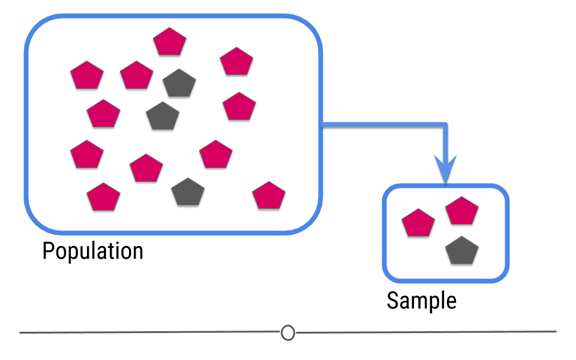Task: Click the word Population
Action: pos(92,251)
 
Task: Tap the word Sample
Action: pos(422,301)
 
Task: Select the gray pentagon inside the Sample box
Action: pos(462,251)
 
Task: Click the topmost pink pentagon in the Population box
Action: pos(170,41)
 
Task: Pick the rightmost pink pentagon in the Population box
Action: pos(269,196)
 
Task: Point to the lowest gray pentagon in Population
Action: pos(188,192)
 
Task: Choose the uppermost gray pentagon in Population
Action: pos(179,83)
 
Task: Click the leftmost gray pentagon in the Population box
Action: pos(163,116)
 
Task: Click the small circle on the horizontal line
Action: pos(288,333)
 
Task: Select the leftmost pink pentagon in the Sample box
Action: pos(418,223)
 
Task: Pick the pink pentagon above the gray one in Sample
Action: pos(462,211)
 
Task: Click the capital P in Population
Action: pos(48,250)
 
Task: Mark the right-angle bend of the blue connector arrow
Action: pos(445,125)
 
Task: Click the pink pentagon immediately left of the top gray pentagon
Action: pos(137,76)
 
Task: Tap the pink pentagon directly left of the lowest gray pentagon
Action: pos(103,197)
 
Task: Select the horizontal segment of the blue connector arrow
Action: pos(383,125)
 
